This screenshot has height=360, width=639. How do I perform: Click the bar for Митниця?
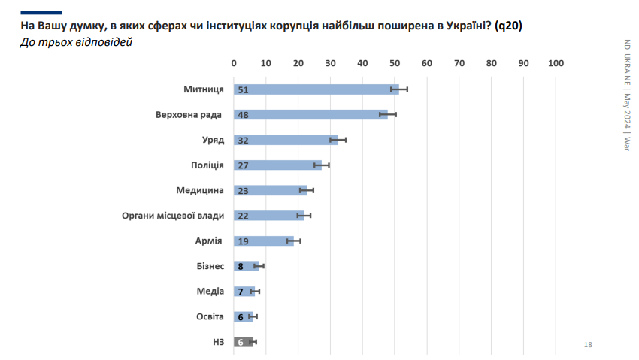click(x=316, y=89)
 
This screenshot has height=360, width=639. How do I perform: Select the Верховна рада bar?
click(x=310, y=115)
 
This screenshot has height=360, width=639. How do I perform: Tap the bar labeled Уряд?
click(x=286, y=140)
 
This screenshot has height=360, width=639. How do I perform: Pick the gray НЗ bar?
click(x=244, y=342)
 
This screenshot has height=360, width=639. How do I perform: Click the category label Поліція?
click(x=207, y=165)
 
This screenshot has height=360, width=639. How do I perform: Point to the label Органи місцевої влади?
click(x=173, y=216)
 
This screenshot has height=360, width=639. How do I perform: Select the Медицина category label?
click(x=200, y=190)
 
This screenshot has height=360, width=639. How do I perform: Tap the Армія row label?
click(x=208, y=241)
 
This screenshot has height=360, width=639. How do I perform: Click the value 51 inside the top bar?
click(x=243, y=90)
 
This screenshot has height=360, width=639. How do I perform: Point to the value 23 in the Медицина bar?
click(x=243, y=191)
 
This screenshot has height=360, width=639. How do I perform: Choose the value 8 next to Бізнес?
click(x=241, y=266)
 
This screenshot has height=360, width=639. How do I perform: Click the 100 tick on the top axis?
click(x=556, y=63)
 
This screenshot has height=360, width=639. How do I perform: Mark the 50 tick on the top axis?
click(x=395, y=63)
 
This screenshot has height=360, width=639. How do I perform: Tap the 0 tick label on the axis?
click(x=234, y=63)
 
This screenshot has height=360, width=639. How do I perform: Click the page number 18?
click(x=588, y=344)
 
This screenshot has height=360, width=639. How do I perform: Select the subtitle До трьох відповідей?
click(x=75, y=42)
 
